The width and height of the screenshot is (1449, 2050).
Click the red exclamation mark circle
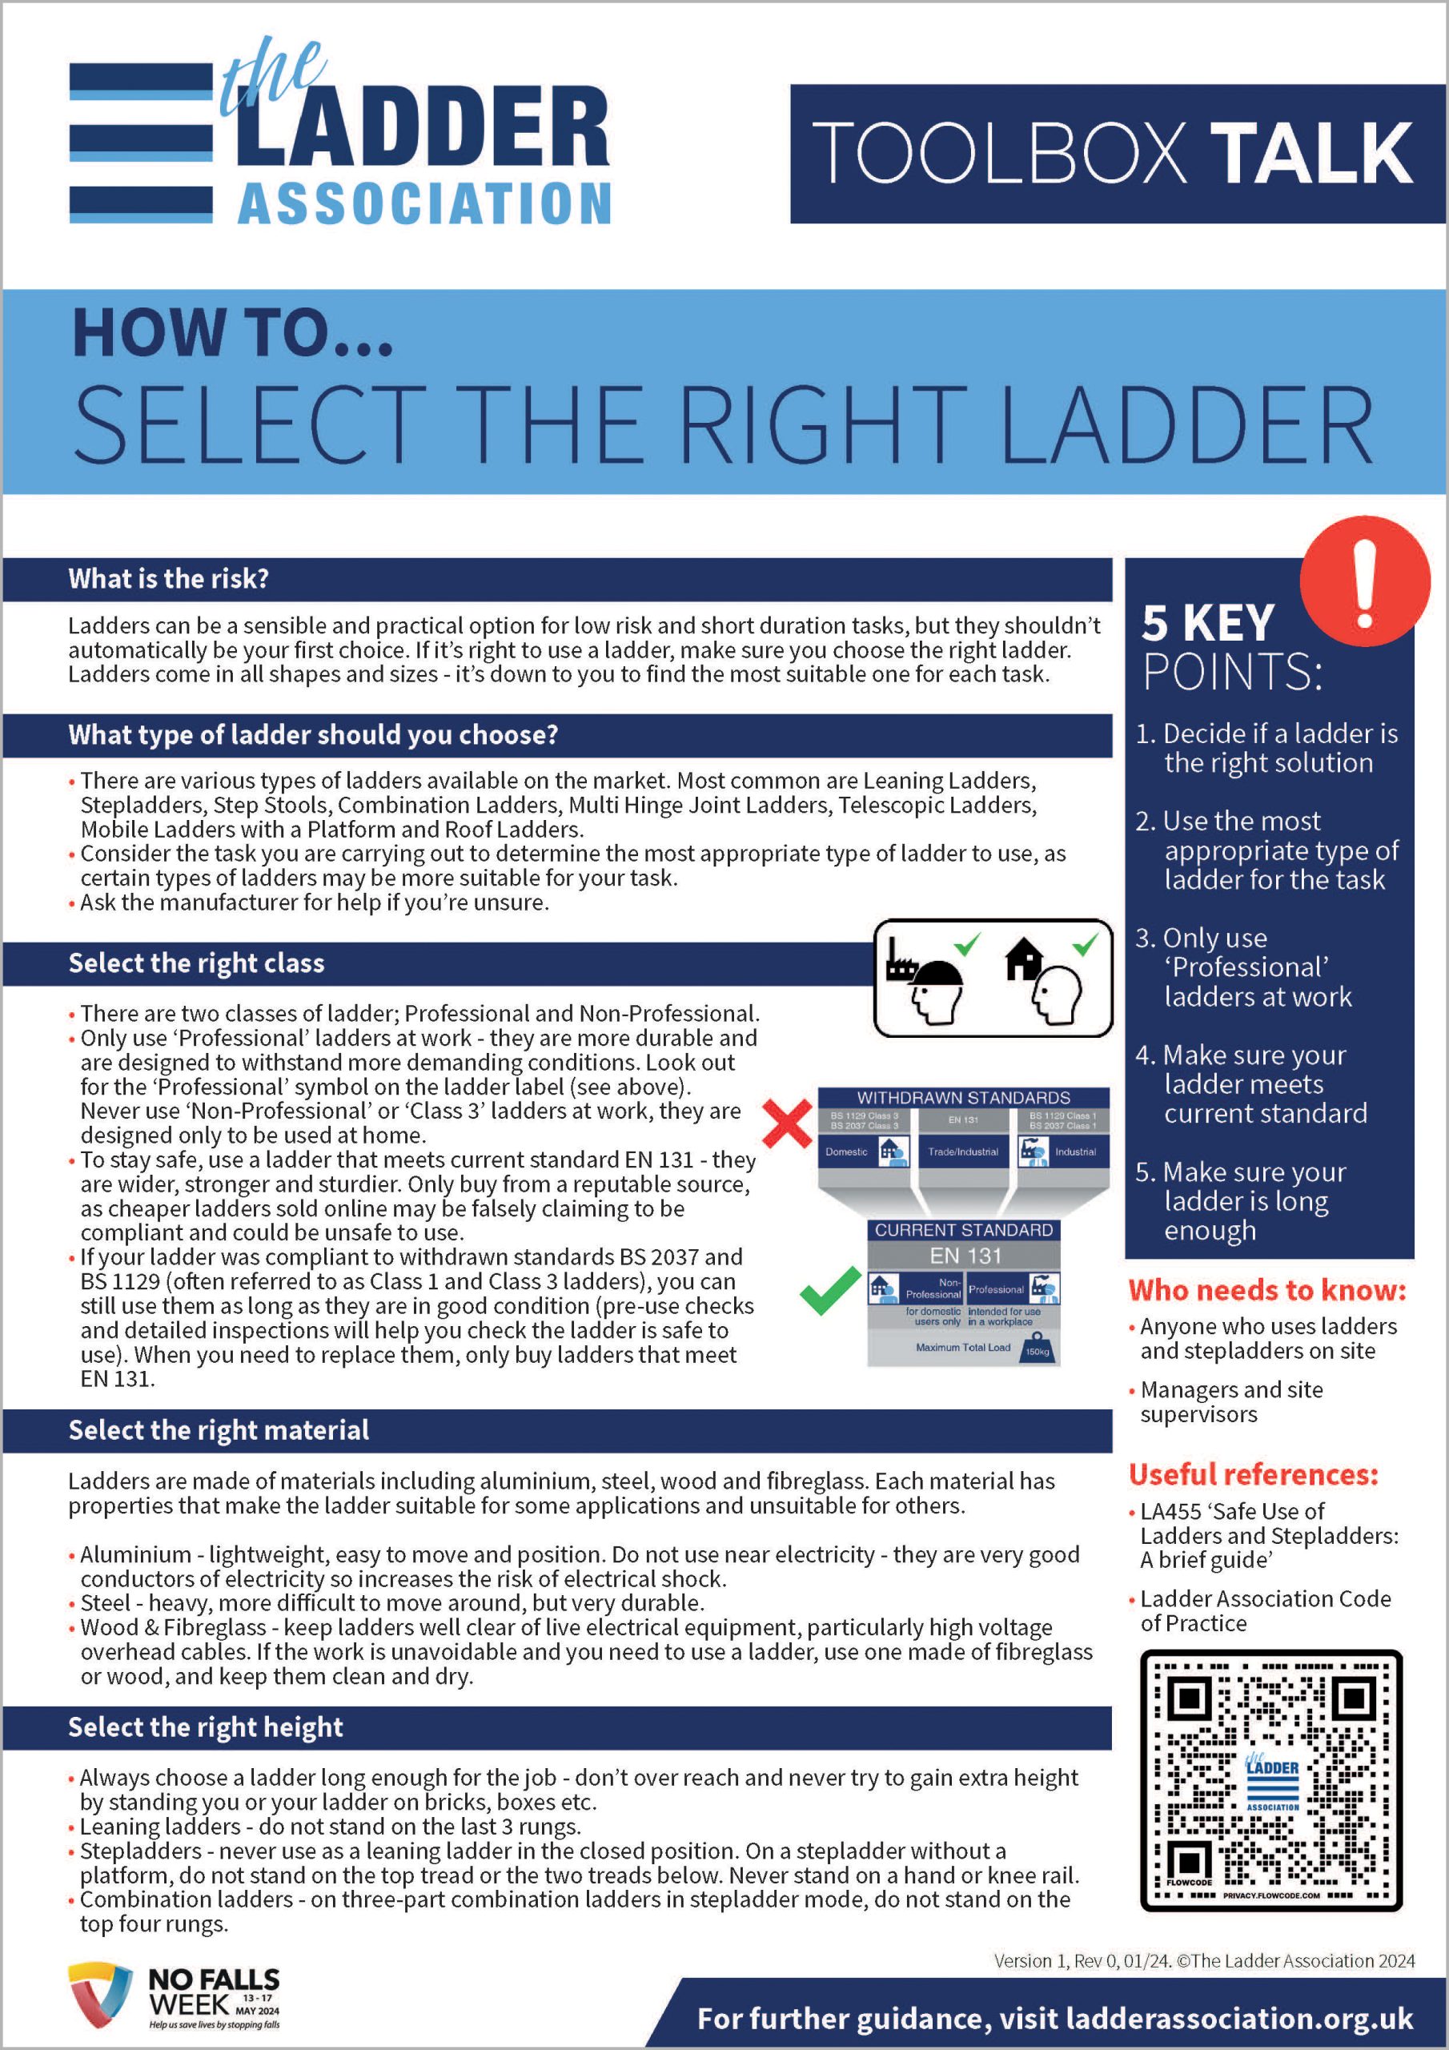[1364, 581]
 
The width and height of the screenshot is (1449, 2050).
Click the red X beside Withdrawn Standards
[788, 1123]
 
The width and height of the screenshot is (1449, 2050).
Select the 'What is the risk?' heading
[169, 579]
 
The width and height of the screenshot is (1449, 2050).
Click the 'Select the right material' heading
[219, 1430]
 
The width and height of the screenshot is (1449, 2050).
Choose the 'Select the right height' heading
[206, 1727]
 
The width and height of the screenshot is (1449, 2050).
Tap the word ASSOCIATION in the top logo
[424, 203]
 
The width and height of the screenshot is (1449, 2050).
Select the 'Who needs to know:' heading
[1266, 1290]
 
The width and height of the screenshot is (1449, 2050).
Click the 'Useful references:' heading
[1254, 1474]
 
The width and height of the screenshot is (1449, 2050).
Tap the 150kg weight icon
[1038, 1348]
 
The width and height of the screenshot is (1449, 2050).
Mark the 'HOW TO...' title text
[232, 333]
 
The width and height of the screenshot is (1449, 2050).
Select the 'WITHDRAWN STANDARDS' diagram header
[963, 1097]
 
